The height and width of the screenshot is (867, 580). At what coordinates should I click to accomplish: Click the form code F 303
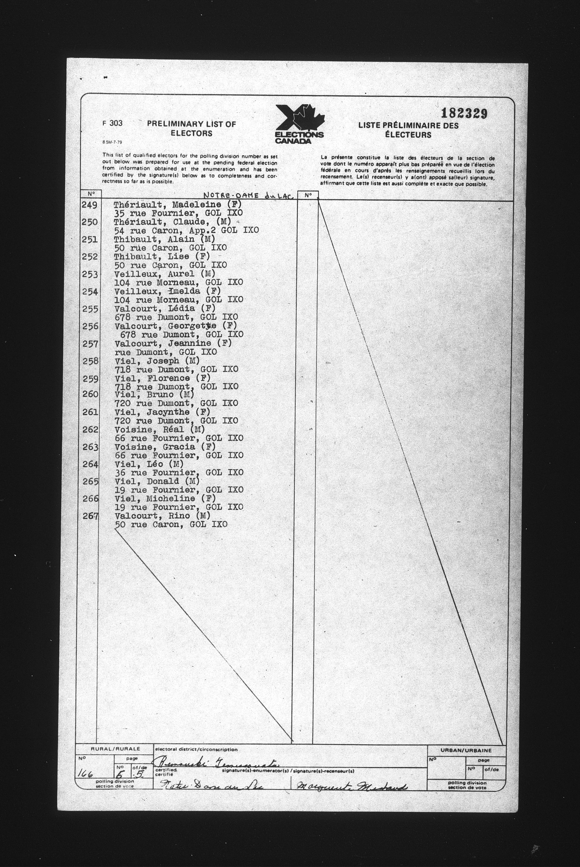tap(112, 124)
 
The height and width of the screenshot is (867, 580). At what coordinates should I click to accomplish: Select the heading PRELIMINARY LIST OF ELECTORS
tap(191, 128)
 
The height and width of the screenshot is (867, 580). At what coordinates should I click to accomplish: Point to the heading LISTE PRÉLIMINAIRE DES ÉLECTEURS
tap(408, 130)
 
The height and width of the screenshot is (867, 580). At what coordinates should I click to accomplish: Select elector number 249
tap(90, 205)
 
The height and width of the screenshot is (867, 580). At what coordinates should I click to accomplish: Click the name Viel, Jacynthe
tap(162, 412)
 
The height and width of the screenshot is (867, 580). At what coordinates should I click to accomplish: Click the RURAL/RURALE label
tap(113, 749)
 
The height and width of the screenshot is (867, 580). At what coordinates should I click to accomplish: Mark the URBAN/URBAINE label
tap(466, 750)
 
